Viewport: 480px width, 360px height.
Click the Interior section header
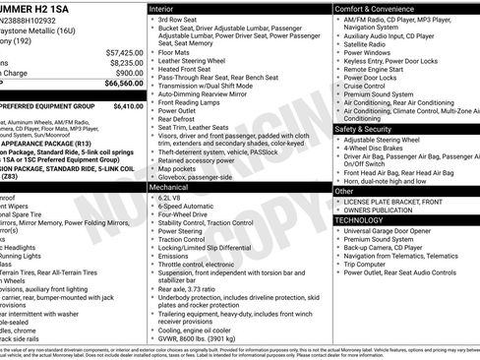[168, 9]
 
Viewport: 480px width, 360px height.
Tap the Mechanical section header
[169, 186]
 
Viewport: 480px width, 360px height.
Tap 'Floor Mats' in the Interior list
[178, 52]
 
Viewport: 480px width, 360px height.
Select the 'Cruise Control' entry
[365, 86]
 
